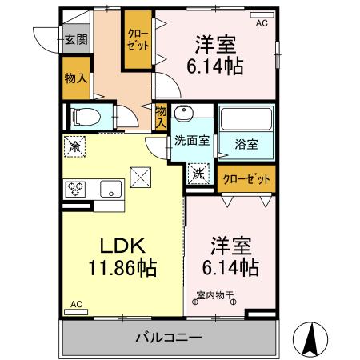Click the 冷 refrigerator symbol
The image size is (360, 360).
pyautogui.click(x=74, y=146)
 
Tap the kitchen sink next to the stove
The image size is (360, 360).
pyautogui.click(x=110, y=190)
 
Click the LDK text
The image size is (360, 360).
pyautogui.click(x=118, y=246)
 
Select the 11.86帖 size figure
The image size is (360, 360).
pyautogui.click(x=118, y=268)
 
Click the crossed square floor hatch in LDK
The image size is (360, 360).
pyautogui.click(x=142, y=174)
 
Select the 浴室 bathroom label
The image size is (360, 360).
pyautogui.click(x=246, y=144)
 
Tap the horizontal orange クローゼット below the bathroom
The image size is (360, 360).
pyautogui.click(x=245, y=178)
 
